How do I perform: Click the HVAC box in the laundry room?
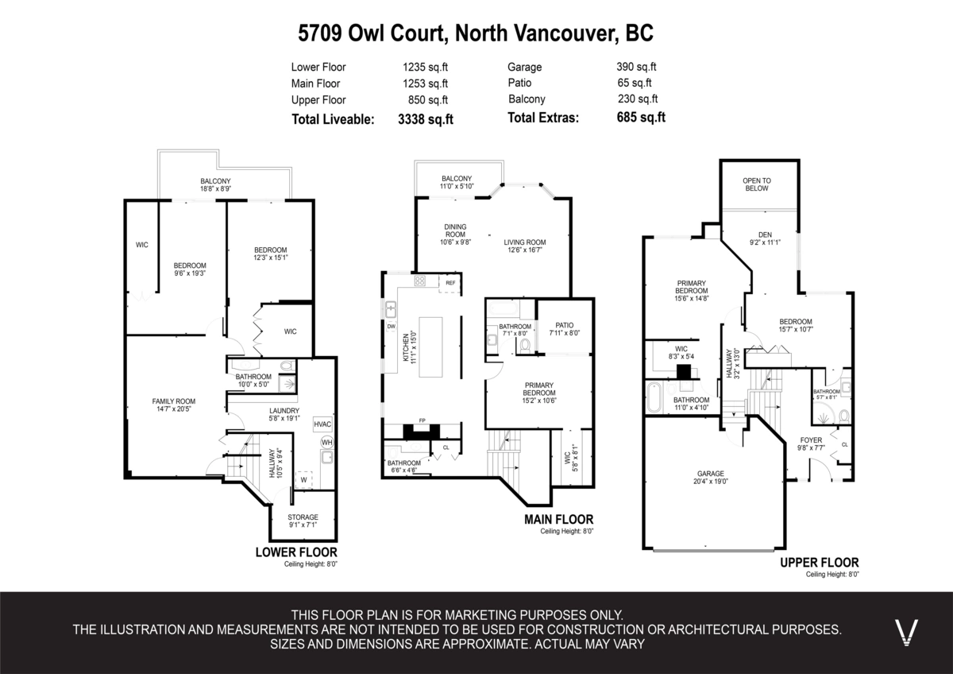(x=322, y=424)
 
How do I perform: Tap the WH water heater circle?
(x=326, y=442)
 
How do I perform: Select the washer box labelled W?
(x=303, y=479)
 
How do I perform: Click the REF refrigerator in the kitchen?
(x=450, y=283)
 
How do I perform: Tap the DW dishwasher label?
(x=391, y=327)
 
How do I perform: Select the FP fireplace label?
(x=422, y=420)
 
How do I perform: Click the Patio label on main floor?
(x=564, y=325)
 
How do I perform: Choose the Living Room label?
(x=525, y=242)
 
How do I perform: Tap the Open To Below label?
(x=756, y=184)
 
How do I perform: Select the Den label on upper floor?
(x=765, y=234)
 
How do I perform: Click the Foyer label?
(x=811, y=440)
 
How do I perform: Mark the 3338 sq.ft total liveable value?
(x=425, y=118)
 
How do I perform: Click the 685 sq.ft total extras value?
(x=640, y=118)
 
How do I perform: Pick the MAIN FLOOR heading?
(x=558, y=520)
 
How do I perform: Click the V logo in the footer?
(x=906, y=631)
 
